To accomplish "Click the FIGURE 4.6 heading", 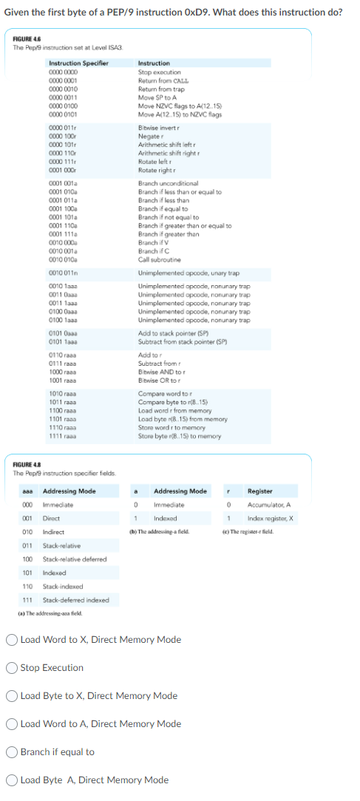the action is pos(27,39).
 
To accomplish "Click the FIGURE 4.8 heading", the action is pos(27,466).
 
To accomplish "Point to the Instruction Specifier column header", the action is pos(78,64).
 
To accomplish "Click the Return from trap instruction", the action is pos(161,86).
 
